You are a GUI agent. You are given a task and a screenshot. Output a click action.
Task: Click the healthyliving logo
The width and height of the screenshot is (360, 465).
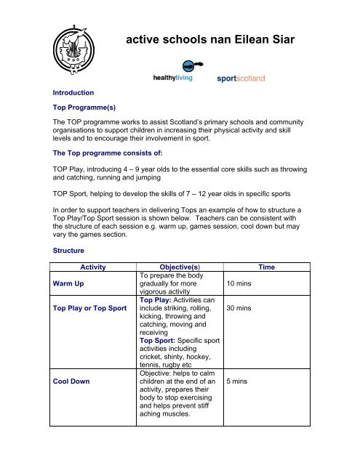(x=177, y=77)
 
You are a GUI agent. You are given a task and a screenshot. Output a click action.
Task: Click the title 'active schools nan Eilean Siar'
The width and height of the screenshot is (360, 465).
(x=211, y=42)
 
